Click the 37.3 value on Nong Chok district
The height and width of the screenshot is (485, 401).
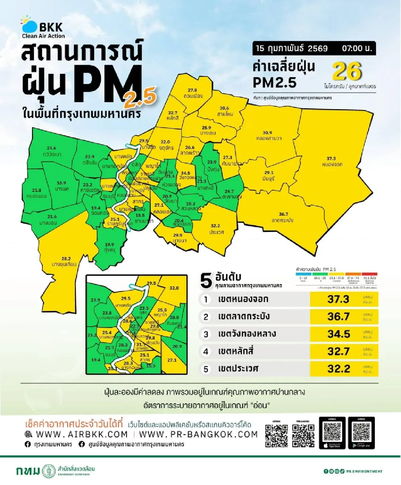click(x=331, y=158)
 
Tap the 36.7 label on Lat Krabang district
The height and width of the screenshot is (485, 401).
click(x=283, y=214)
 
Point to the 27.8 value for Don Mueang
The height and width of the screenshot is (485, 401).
click(x=192, y=90)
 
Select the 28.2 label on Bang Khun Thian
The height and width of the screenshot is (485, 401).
click(x=66, y=258)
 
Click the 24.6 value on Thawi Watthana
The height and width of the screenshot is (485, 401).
click(x=51, y=148)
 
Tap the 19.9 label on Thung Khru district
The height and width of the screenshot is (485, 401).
click(x=109, y=245)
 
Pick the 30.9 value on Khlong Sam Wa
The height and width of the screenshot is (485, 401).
click(x=267, y=133)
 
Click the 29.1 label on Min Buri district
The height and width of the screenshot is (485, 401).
click(x=269, y=173)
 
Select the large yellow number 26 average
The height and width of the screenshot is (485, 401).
click(x=347, y=71)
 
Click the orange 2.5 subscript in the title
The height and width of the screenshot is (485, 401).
click(x=140, y=97)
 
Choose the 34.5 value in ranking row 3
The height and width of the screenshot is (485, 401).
click(x=339, y=334)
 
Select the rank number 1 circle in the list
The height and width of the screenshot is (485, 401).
click(x=206, y=299)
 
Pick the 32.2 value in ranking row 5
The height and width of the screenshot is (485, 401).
click(x=339, y=369)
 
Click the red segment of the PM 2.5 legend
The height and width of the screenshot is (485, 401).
click(x=369, y=274)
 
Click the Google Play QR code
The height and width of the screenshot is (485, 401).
click(x=361, y=432)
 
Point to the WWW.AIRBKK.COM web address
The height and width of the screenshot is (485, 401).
click(x=82, y=435)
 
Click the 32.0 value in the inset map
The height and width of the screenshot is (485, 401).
click(x=174, y=288)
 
